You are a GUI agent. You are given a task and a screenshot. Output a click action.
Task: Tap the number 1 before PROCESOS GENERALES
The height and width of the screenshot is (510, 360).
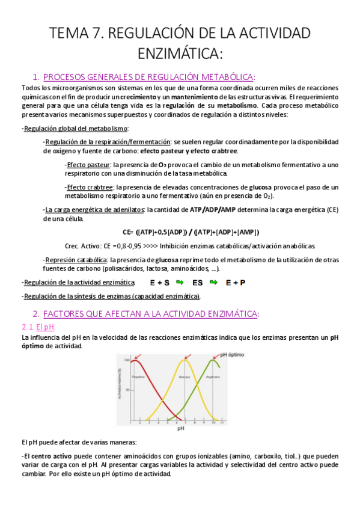(x=35, y=76)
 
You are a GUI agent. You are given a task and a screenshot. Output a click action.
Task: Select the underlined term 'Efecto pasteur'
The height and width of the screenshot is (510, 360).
(x=88, y=165)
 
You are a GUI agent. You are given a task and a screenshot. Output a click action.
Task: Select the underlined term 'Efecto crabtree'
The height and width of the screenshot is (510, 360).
(x=90, y=187)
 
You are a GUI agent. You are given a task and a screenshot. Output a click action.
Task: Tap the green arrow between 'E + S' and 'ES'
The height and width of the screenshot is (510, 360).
(x=179, y=282)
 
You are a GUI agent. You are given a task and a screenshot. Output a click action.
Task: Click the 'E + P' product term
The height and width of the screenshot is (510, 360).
(x=236, y=282)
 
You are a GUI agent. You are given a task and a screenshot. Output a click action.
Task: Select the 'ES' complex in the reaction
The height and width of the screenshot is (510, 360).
(x=198, y=282)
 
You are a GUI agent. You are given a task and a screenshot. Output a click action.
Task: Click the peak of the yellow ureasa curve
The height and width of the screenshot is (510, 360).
(x=186, y=360)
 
